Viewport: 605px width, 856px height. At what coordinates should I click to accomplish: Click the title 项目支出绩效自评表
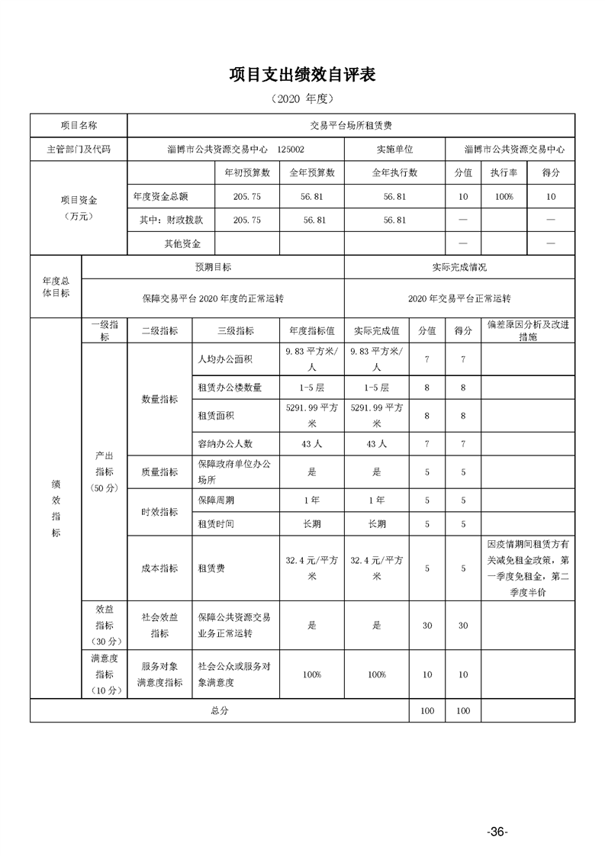[x=302, y=75]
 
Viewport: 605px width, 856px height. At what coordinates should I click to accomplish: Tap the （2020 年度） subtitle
[x=302, y=99]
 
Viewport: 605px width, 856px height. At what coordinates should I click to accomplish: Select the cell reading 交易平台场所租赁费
[x=351, y=125]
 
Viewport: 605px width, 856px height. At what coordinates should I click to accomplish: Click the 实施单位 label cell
[x=394, y=150]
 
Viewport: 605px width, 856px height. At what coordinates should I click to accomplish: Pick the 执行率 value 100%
[x=504, y=197]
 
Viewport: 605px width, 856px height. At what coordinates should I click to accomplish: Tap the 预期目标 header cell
[x=213, y=268]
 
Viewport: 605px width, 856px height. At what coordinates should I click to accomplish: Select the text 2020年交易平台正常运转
[x=459, y=298]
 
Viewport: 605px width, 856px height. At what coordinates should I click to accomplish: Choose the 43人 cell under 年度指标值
[x=312, y=443]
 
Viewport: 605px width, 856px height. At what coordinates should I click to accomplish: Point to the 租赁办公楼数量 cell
[x=230, y=388]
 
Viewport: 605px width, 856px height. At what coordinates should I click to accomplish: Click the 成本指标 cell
[x=160, y=568]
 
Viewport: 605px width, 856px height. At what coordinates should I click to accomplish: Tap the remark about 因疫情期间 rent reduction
[x=527, y=568]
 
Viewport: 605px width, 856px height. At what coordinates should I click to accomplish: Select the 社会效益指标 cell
[x=160, y=625]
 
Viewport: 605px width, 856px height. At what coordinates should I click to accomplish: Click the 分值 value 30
[x=427, y=625]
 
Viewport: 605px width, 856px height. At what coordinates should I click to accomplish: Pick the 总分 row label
[x=220, y=710]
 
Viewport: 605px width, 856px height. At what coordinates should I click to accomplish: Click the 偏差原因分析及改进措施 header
[x=527, y=330]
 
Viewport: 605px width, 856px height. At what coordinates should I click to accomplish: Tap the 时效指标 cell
[x=160, y=512]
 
